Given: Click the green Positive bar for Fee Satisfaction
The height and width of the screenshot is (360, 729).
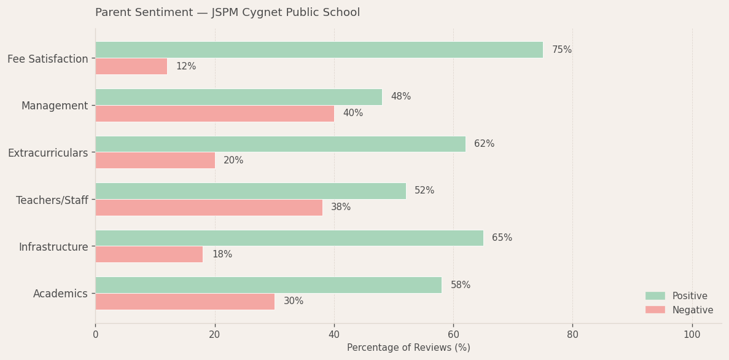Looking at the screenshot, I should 319,50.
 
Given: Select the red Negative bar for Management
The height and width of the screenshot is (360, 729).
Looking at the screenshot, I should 214,114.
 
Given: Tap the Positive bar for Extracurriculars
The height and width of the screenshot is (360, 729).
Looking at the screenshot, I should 280,144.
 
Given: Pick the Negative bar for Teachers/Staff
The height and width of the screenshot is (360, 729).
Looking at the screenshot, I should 209,208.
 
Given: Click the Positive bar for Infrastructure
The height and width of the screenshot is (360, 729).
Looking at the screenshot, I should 289,238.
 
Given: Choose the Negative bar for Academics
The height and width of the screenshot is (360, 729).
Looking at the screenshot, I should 185,302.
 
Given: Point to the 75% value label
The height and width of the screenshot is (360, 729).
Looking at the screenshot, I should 561,50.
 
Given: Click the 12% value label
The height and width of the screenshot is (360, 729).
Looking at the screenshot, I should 185,66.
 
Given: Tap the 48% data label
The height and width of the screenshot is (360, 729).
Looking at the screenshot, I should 400,96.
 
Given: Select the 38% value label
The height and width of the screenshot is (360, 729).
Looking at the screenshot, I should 341,208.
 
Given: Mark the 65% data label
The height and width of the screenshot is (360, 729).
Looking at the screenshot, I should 502,238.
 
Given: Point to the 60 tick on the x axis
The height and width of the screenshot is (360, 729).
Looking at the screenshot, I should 453,335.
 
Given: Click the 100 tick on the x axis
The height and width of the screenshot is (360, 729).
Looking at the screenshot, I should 692,335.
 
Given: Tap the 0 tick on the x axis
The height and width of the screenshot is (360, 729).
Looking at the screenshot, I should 95,335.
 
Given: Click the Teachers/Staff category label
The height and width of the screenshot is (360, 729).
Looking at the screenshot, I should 52,200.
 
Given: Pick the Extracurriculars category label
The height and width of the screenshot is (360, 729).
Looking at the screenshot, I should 48,153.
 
